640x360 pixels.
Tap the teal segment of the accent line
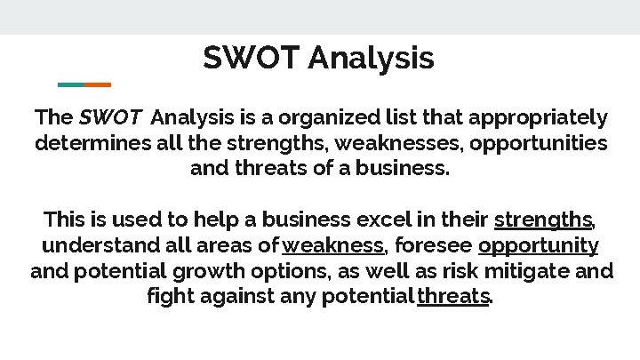click(x=71, y=84)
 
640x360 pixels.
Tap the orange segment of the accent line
click(x=98, y=84)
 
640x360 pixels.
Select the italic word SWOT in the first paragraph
click(x=110, y=117)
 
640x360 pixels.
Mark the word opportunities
click(x=539, y=143)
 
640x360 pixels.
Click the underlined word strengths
click(x=543, y=220)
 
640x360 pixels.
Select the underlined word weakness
click(x=333, y=245)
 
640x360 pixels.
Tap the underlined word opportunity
click(x=538, y=245)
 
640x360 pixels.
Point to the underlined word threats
click(x=453, y=296)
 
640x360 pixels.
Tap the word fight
click(x=170, y=296)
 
